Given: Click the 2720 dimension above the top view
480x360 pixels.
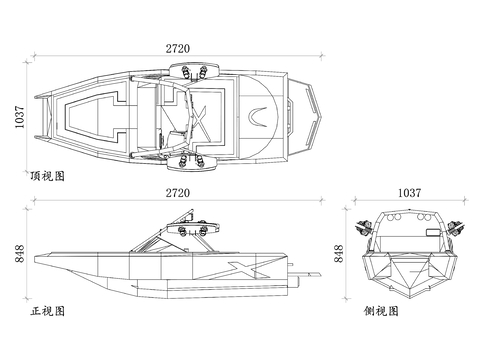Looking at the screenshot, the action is coord(178,49).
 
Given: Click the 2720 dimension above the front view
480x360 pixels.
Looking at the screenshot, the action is coord(178,193).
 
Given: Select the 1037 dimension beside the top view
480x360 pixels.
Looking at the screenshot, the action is coord(19,117).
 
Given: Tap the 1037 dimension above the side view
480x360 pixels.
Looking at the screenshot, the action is coord(410,193).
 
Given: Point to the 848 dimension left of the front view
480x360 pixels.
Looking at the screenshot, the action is coord(19,254).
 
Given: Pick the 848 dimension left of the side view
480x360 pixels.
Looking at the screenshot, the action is coord(338,254).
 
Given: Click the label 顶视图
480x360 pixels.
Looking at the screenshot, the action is coord(47,176).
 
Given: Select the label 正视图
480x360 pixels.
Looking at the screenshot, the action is coord(47,311).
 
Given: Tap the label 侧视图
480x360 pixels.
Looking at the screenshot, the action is coord(381,311).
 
